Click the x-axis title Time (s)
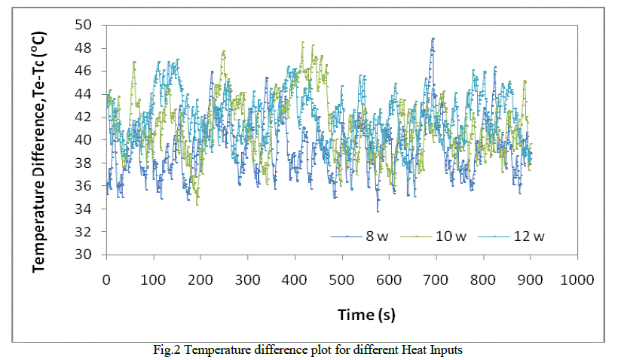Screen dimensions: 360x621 tap(342, 313)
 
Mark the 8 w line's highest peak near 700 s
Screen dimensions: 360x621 tap(433, 38)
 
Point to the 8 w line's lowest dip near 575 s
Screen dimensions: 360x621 tap(378, 210)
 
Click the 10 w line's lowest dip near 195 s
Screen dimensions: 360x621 tap(197, 204)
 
